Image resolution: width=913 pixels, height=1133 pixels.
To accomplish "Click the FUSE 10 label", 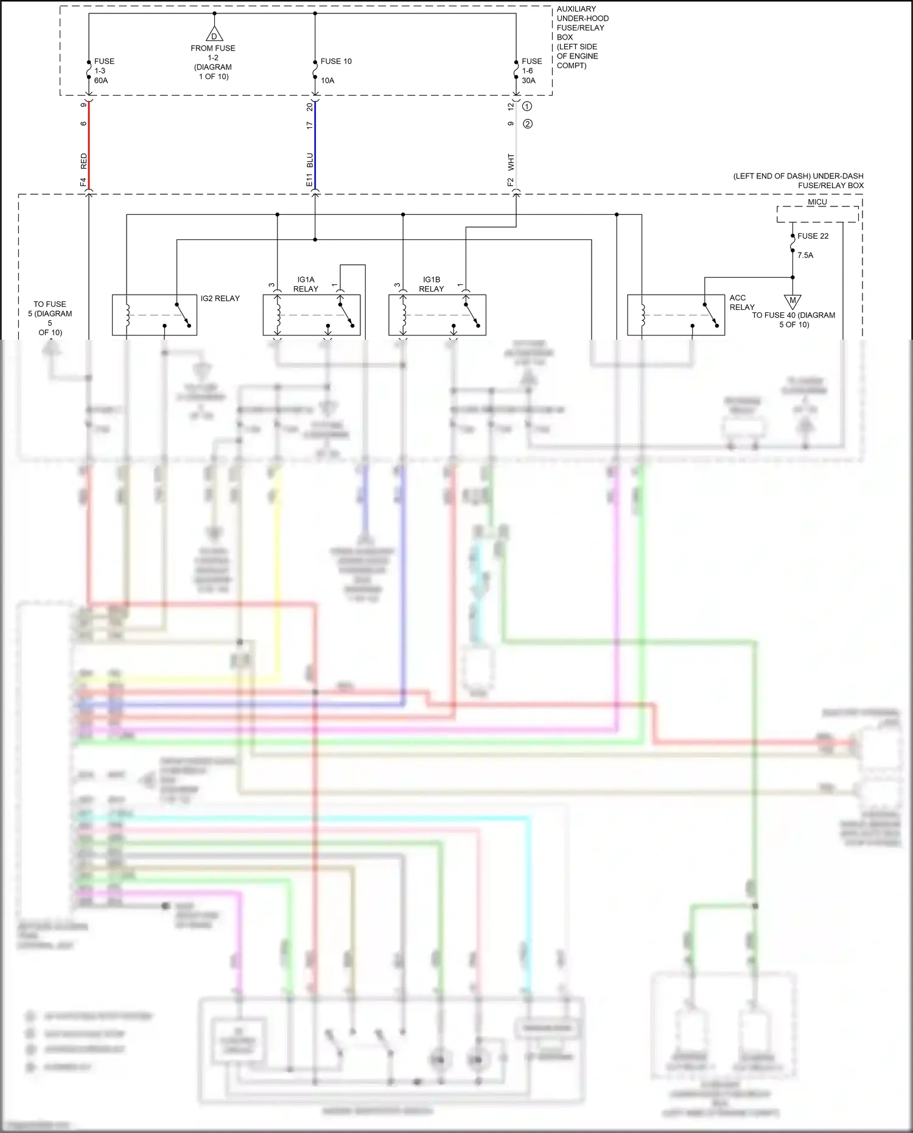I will point(336,61).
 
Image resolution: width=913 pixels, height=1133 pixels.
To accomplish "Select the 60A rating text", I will point(101,80).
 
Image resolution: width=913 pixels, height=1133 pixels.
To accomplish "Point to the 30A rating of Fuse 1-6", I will point(528,80).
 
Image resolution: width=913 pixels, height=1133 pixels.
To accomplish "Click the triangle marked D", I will point(214,35).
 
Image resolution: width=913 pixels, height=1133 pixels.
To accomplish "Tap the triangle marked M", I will point(792,301).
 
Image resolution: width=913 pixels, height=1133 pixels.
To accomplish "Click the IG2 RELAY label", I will point(220,298).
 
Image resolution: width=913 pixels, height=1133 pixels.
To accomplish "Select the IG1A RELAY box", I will point(311,315).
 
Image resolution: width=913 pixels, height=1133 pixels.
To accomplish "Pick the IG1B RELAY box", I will point(437,315).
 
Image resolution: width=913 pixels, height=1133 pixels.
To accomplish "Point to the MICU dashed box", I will point(817,214).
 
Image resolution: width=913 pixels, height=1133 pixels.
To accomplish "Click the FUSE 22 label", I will point(813,236).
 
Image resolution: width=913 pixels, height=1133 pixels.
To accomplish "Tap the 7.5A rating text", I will point(805,256).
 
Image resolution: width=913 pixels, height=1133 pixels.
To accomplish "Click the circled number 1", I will point(528,106).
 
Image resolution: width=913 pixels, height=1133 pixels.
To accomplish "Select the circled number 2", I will point(528,124).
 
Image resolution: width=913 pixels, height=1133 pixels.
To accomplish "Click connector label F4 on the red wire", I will point(83,181).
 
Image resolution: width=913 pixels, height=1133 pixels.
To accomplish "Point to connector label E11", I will point(309,180).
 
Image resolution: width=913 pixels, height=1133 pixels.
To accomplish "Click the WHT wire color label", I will point(511,162).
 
